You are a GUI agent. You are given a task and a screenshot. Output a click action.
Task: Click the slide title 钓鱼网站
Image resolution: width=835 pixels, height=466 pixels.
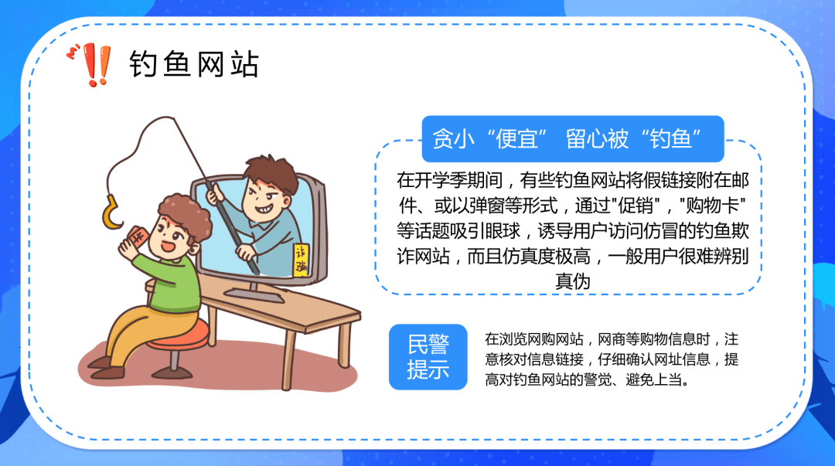point(194,64)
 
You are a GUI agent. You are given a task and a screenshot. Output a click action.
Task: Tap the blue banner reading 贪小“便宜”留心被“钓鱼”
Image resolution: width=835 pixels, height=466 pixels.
point(572,138)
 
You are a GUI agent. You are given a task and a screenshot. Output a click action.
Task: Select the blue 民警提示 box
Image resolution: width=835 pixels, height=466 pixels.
point(428,357)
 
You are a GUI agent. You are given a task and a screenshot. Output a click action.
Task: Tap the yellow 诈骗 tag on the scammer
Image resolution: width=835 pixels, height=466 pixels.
point(302,260)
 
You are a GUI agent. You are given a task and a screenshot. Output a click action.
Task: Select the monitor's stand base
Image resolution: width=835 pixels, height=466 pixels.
point(254,294)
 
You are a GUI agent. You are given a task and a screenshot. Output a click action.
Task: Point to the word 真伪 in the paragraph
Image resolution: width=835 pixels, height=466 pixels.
point(572,281)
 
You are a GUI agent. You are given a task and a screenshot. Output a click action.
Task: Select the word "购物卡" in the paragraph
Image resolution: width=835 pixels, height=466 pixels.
point(713,206)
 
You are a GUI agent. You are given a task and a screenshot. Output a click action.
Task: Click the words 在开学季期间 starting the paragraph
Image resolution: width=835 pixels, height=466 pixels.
point(449,180)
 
